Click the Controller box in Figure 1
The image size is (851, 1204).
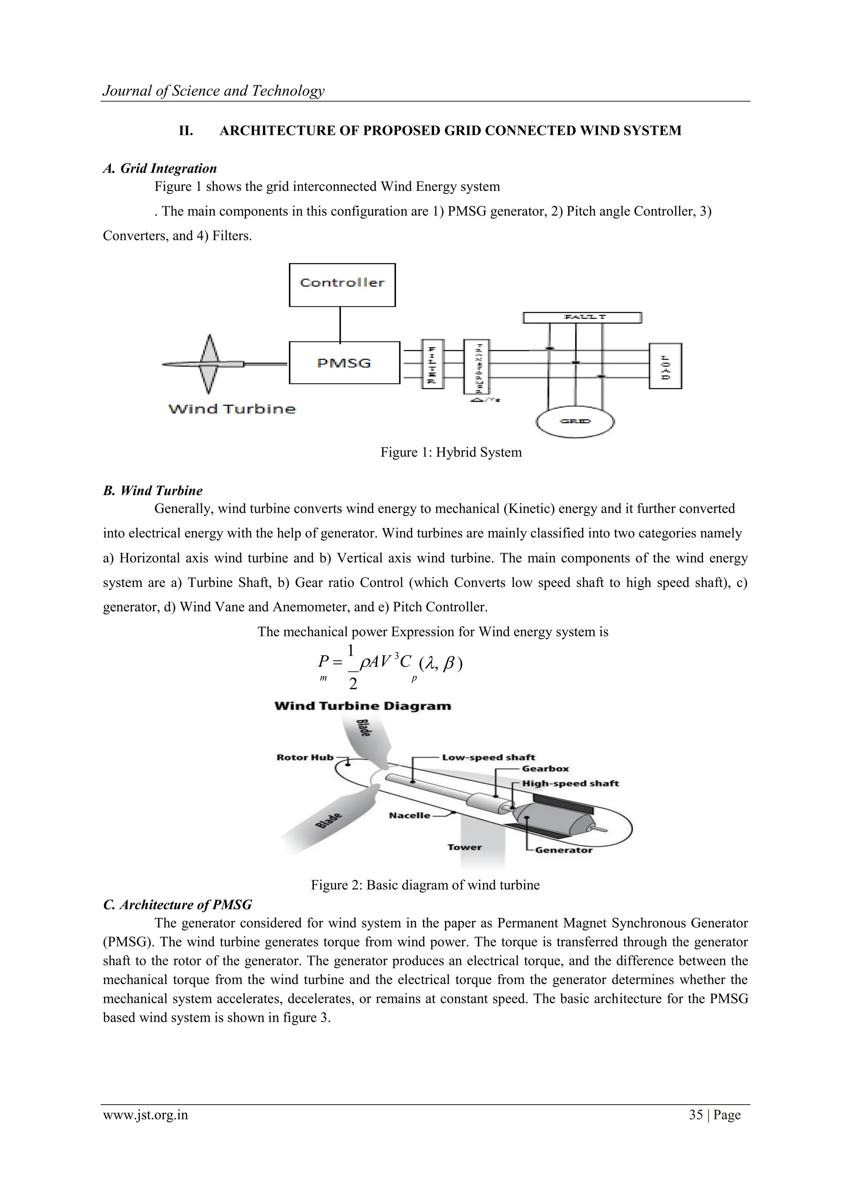[342, 285]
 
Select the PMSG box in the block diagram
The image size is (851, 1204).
[344, 363]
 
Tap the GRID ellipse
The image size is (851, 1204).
[575, 421]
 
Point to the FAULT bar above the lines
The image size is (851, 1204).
[582, 317]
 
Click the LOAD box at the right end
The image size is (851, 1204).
[665, 366]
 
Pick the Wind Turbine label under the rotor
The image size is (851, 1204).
[231, 409]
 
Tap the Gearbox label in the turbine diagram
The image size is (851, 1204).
[545, 769]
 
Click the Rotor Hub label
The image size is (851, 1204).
[305, 757]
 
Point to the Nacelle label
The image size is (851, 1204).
[409, 815]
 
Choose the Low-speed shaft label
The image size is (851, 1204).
[488, 757]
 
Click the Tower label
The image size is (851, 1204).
[464, 847]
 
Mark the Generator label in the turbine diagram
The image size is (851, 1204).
[563, 850]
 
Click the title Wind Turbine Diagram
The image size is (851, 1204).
[362, 706]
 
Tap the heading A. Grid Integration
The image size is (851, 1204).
[160, 168]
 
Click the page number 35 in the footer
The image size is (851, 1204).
[695, 1115]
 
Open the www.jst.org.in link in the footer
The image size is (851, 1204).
[145, 1115]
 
